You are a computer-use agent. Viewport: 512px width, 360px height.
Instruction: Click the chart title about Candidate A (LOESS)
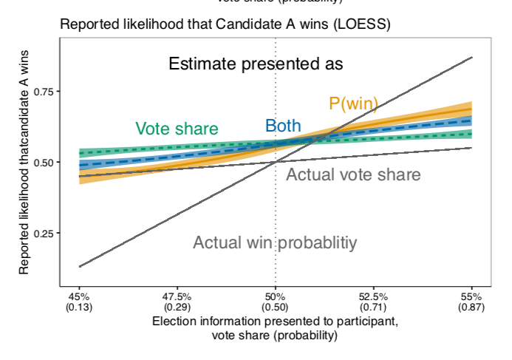pos(225,24)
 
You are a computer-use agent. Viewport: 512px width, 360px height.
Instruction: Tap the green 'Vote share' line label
pos(177,129)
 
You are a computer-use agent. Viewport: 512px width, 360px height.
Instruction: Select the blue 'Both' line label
pos(283,125)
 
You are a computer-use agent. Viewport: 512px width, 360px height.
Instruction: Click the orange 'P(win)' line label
pos(353,104)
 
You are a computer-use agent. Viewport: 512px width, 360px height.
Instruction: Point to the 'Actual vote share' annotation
pos(353,175)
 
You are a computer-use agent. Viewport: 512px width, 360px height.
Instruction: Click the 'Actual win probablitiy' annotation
pos(275,242)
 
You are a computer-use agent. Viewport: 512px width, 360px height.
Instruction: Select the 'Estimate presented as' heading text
pos(256,64)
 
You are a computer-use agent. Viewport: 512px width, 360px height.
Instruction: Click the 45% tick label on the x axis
pos(79,296)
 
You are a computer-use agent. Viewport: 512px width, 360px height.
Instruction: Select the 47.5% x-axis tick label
pos(177,296)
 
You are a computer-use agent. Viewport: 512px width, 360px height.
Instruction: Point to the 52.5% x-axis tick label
pos(373,296)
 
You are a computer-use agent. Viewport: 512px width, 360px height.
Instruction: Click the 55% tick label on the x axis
pos(471,296)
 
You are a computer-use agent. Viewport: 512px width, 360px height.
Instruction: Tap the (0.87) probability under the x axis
pos(471,306)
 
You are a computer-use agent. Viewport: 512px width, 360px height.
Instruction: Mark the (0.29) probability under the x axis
pos(177,306)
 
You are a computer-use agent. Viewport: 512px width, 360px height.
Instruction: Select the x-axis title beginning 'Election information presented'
pos(275,322)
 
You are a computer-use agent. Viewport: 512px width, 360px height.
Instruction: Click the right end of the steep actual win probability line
pos(471,58)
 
